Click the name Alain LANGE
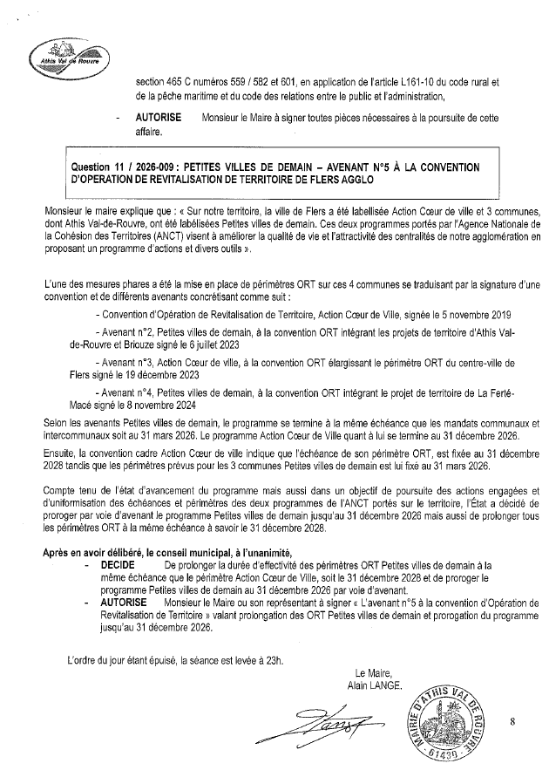pyautogui.click(x=374, y=685)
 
